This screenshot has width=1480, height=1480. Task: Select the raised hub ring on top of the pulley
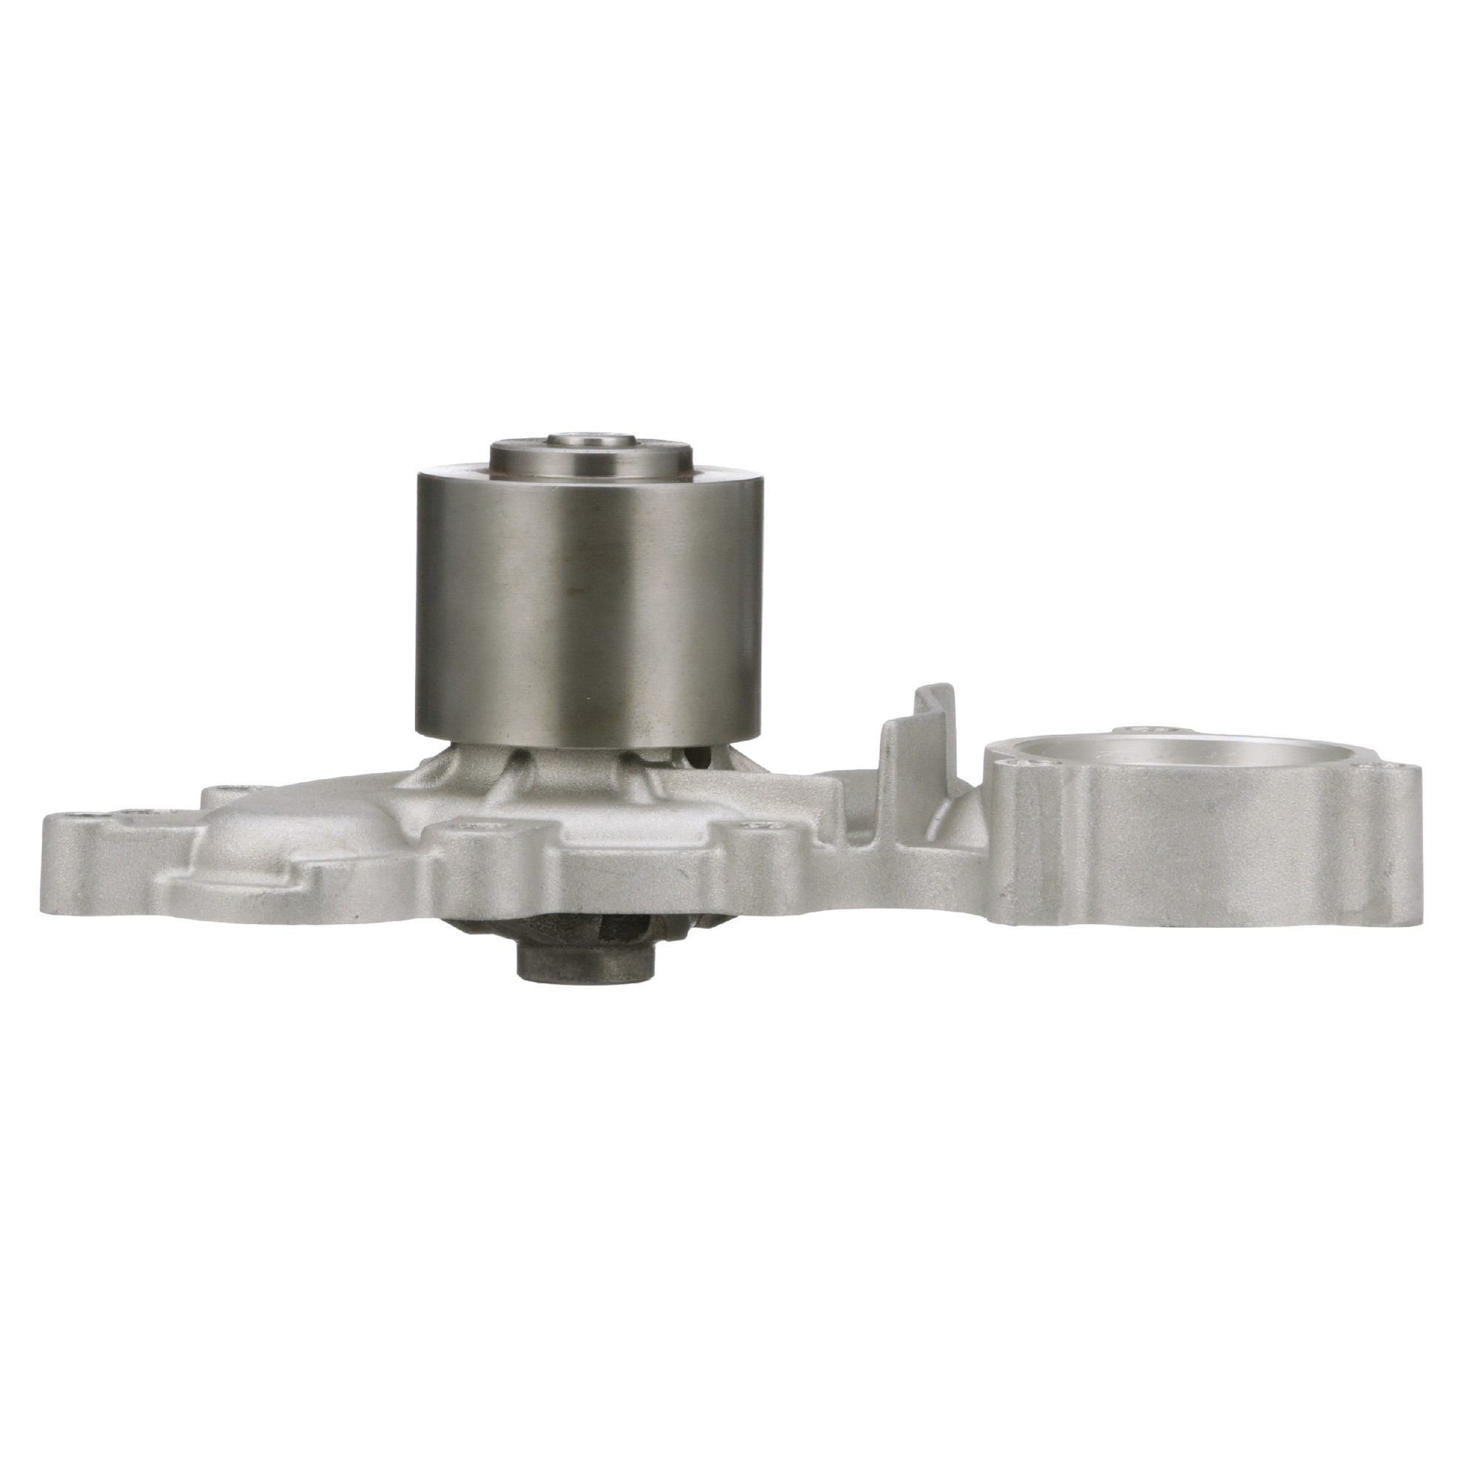point(591,460)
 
